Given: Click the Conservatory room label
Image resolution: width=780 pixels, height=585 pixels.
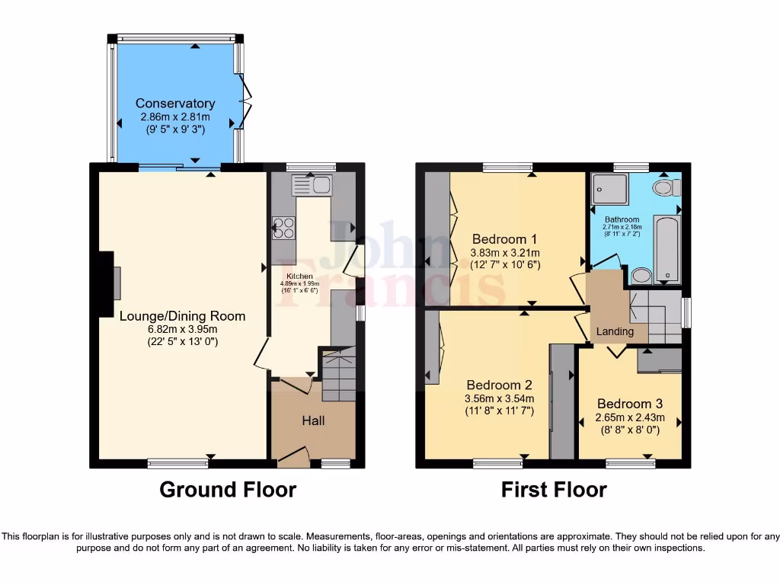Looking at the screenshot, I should point(175,104).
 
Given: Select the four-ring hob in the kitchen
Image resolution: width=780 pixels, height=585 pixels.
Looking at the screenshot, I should point(285,228).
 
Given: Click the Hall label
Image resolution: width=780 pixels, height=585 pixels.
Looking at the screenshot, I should point(313,420).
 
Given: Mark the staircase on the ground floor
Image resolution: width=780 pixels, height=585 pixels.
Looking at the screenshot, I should point(339,374).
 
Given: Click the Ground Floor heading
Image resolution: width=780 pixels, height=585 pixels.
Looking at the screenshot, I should point(227,490).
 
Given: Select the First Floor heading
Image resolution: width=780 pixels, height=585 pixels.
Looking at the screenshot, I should point(553,490).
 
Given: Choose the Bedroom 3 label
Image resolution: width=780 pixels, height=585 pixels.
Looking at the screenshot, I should point(629,404).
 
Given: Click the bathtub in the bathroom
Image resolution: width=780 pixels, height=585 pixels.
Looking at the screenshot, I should point(667,248).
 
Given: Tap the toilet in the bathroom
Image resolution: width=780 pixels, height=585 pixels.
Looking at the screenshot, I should point(666,187).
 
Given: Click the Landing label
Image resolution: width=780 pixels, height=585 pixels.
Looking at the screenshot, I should point(615,331).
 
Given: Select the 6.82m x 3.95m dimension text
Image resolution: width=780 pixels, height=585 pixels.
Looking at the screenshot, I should point(182,329).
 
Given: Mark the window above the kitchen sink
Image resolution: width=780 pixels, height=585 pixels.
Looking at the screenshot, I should point(310,166).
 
